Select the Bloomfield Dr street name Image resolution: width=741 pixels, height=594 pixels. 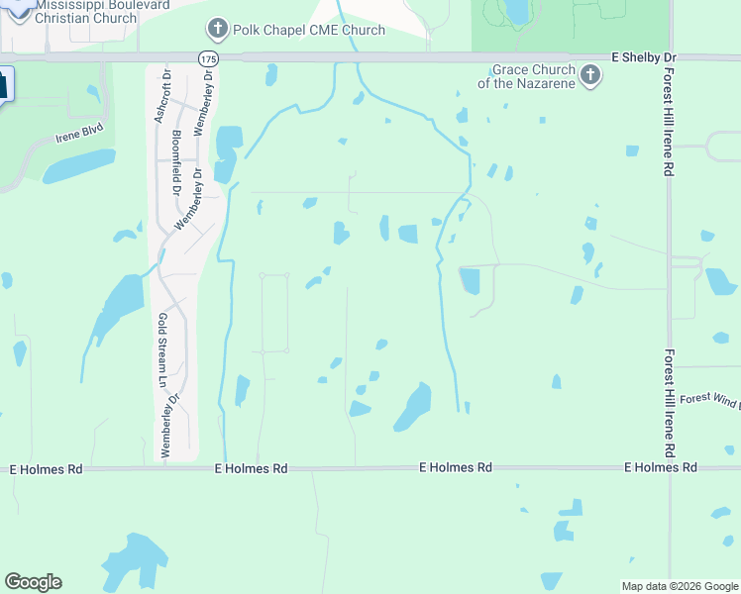176,158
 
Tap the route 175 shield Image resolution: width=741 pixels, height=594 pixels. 207,59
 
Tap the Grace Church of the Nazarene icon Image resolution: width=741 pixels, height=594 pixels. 590,75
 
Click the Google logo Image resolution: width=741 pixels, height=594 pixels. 33,581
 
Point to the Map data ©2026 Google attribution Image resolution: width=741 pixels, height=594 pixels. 679,586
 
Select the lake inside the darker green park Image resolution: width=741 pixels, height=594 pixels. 516,11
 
